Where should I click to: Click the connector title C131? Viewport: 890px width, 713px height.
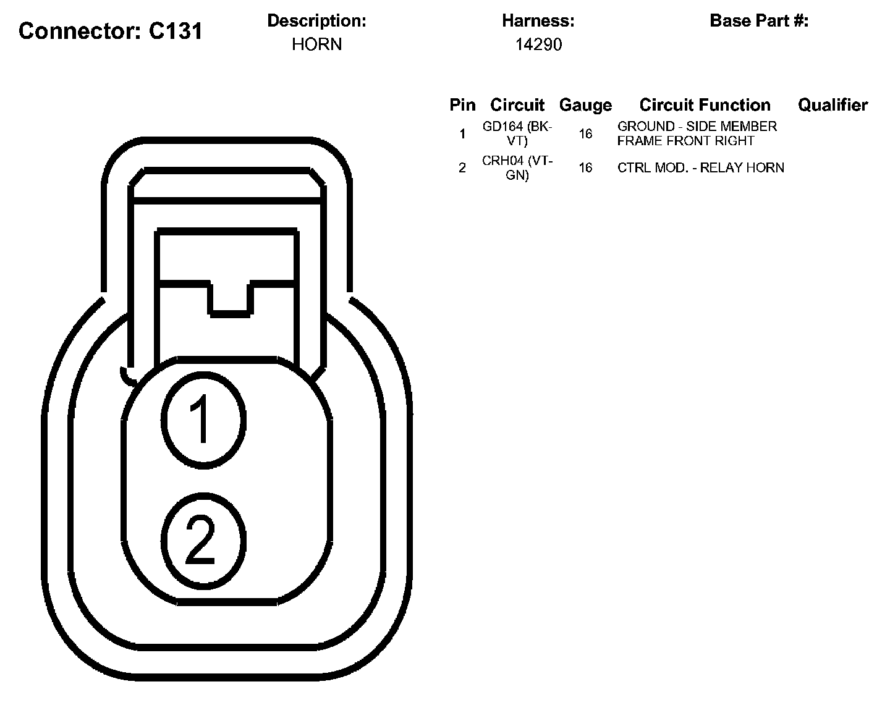(111, 31)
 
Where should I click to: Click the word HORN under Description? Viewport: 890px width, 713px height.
(316, 44)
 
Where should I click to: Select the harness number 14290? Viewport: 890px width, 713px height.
(538, 44)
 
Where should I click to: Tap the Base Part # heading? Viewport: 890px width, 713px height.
(759, 20)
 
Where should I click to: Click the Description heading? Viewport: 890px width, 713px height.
(316, 20)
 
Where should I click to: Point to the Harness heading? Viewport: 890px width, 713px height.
(538, 20)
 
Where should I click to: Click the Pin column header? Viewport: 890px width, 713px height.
(462, 105)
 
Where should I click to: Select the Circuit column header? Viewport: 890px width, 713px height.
(517, 105)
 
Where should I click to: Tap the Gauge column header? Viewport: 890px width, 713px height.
(585, 105)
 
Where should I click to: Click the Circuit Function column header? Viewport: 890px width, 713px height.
(705, 105)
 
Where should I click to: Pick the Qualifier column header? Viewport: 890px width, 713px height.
(833, 105)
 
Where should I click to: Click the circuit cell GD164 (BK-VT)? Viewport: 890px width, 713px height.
(517, 133)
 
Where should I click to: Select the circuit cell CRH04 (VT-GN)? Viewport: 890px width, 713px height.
(517, 167)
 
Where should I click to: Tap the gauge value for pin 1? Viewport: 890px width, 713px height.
(585, 133)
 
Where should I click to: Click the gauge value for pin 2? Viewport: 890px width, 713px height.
(585, 167)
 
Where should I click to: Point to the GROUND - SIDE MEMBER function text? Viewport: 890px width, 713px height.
(697, 133)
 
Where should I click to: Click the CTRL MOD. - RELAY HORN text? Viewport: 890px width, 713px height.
(700, 167)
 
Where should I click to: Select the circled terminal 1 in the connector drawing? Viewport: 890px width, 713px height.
(203, 419)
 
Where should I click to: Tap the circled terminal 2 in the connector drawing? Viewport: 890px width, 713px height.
(203, 540)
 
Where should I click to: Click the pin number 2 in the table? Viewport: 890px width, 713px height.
(462, 167)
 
